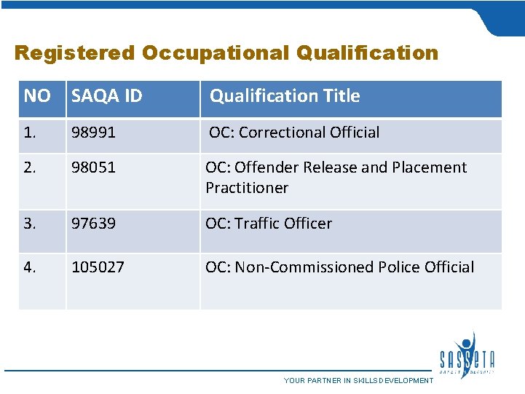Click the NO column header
(x=37, y=96)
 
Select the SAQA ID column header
(x=106, y=96)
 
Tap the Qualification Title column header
(x=285, y=96)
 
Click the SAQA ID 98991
(x=93, y=133)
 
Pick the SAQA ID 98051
(x=93, y=168)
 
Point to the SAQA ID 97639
(x=93, y=224)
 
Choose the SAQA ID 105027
(x=98, y=267)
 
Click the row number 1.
(x=30, y=133)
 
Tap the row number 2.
(x=30, y=168)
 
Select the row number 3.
(x=30, y=224)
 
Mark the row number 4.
(x=30, y=267)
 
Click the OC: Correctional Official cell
(x=294, y=133)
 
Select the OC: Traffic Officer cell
(x=269, y=224)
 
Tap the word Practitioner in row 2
(x=247, y=188)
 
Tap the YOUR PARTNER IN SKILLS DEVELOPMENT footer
(x=358, y=381)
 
